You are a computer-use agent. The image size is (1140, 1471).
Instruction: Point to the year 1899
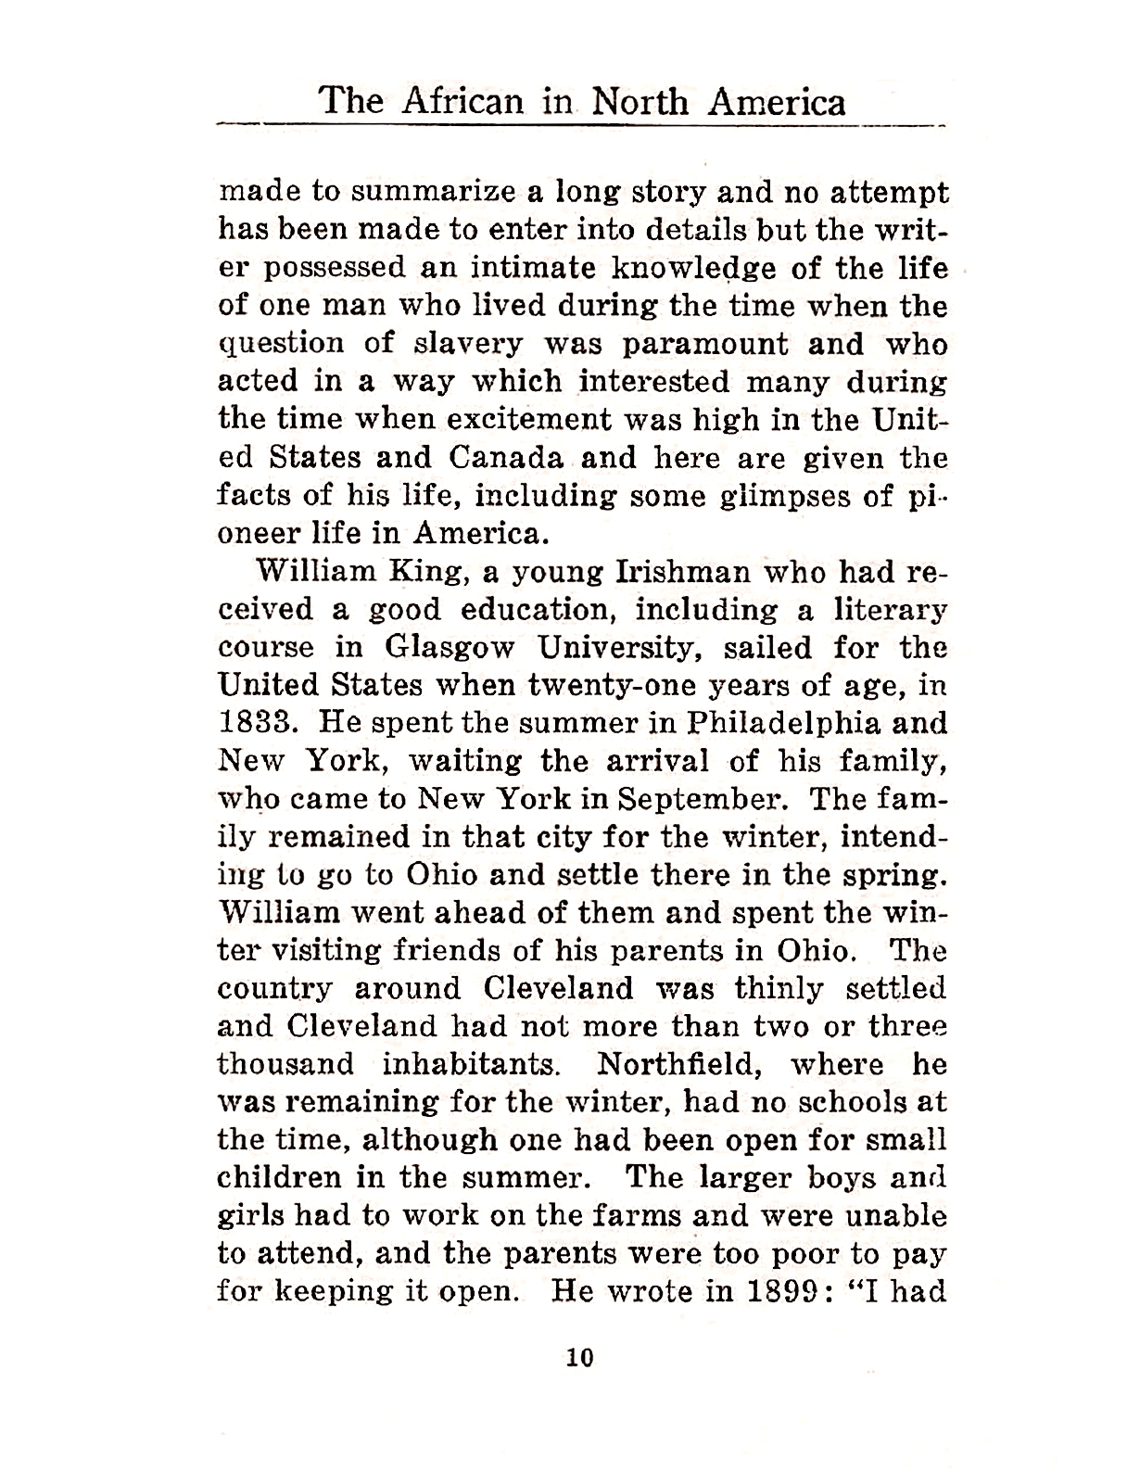pyautogui.click(x=788, y=1291)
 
